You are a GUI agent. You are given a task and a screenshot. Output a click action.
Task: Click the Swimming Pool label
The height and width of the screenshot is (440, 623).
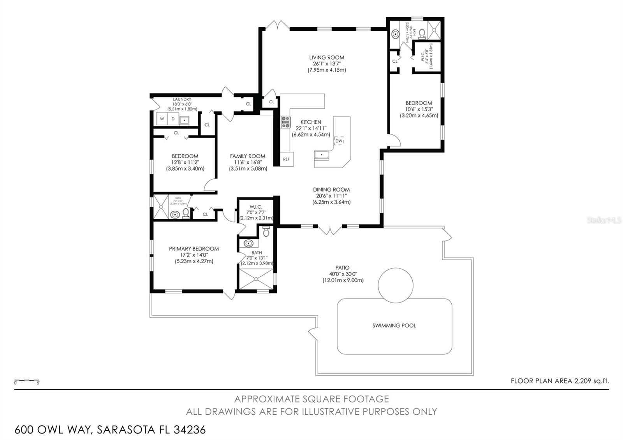(394, 326)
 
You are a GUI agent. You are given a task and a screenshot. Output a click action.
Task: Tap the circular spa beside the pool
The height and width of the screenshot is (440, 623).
(396, 285)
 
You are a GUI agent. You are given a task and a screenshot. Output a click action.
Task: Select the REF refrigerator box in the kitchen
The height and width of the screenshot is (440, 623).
(287, 159)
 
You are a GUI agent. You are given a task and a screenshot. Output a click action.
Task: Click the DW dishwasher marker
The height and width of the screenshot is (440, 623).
(339, 141)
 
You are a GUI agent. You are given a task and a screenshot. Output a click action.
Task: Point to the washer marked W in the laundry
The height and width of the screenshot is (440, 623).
(162, 119)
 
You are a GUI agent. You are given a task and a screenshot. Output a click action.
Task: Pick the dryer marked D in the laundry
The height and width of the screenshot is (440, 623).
(173, 119)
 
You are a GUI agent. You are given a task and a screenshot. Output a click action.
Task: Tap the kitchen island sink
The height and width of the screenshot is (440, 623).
(322, 155)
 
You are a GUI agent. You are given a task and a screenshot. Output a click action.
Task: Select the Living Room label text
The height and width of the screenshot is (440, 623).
(326, 57)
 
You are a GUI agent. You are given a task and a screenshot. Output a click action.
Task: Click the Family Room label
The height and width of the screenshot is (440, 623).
(248, 156)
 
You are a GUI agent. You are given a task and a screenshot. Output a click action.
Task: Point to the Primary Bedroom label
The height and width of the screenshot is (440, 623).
(194, 248)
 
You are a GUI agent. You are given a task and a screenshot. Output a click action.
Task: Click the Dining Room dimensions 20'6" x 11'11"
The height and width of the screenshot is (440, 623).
(331, 196)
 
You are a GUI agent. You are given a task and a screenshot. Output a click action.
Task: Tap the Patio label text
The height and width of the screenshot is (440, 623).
(342, 268)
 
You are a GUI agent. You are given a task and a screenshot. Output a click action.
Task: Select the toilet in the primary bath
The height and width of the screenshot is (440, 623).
(266, 232)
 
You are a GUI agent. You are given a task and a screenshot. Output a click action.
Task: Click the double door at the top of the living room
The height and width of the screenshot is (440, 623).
(277, 26)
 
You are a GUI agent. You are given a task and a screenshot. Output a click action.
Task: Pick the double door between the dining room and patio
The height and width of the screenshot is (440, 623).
(330, 230)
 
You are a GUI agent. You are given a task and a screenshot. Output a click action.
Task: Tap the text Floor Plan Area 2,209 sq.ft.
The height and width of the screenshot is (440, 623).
(560, 381)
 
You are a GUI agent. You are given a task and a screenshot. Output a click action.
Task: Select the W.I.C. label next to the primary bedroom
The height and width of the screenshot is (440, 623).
(256, 206)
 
